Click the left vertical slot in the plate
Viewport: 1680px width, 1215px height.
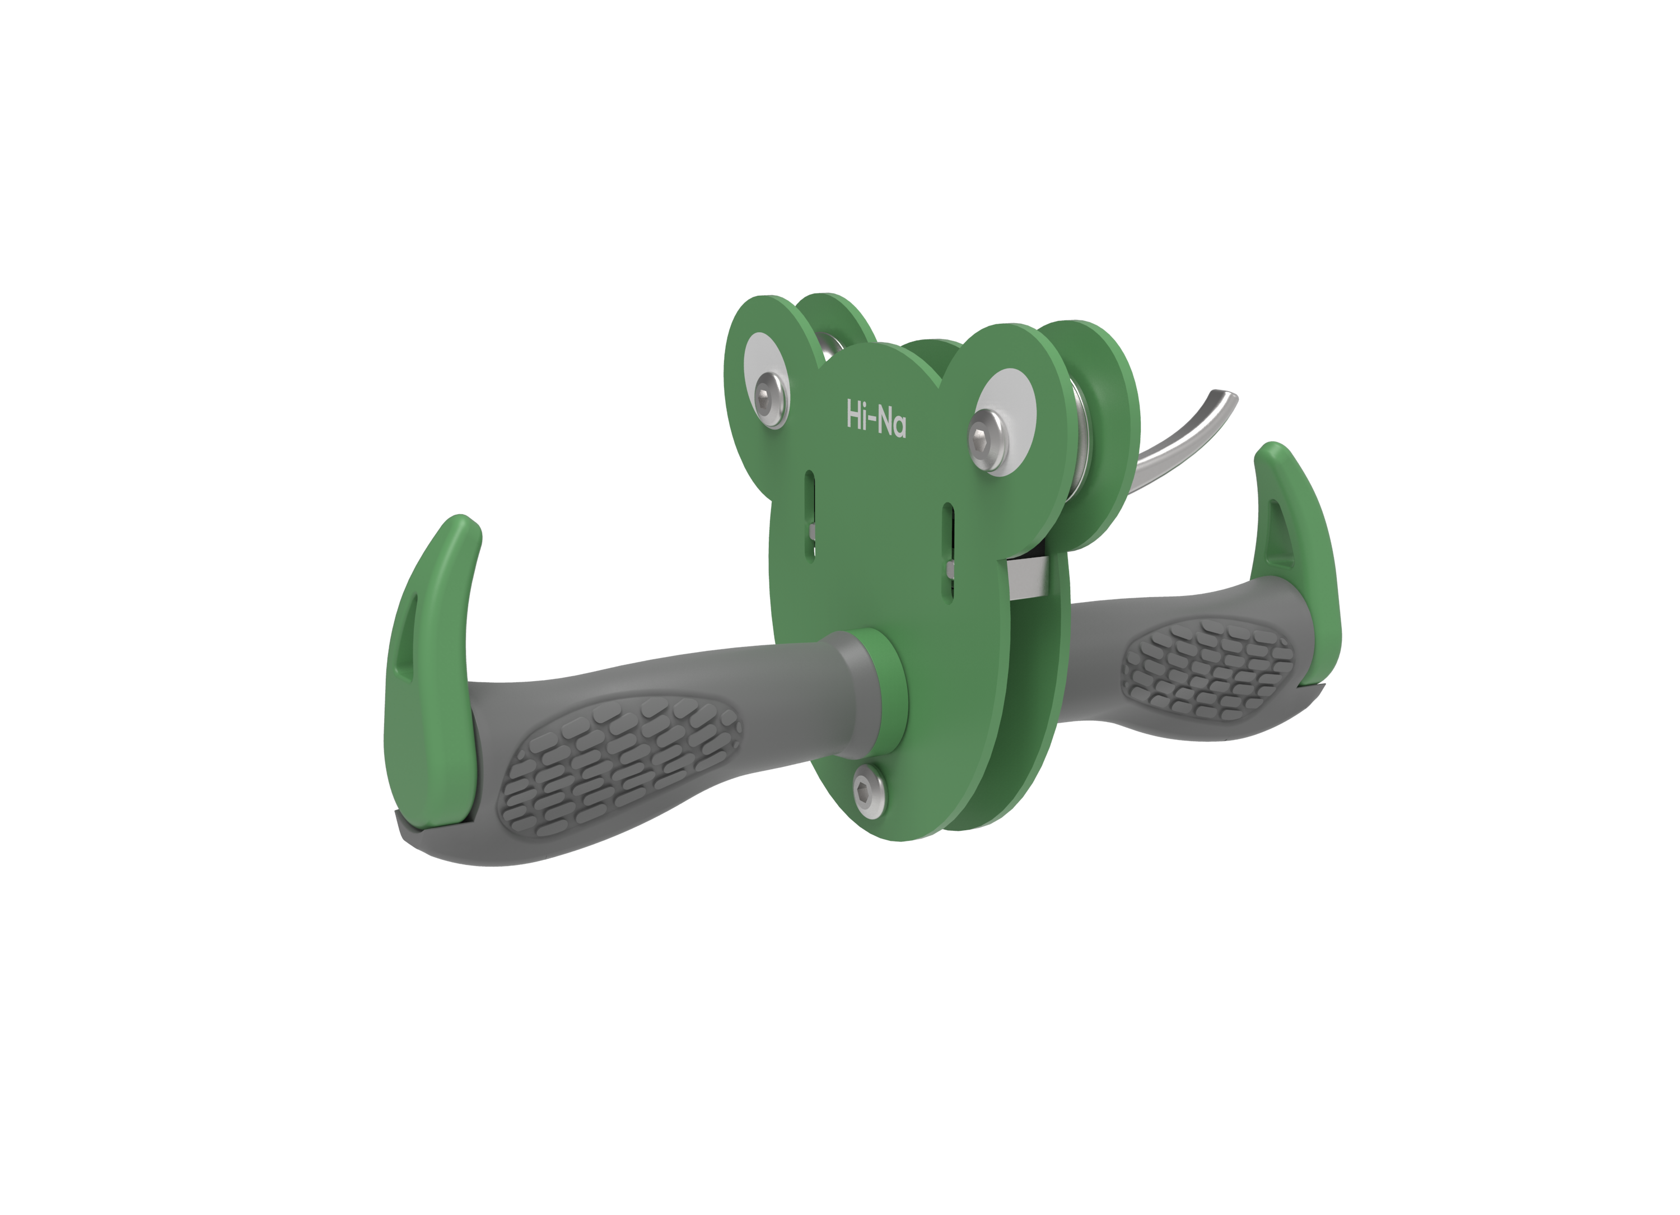(x=810, y=515)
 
